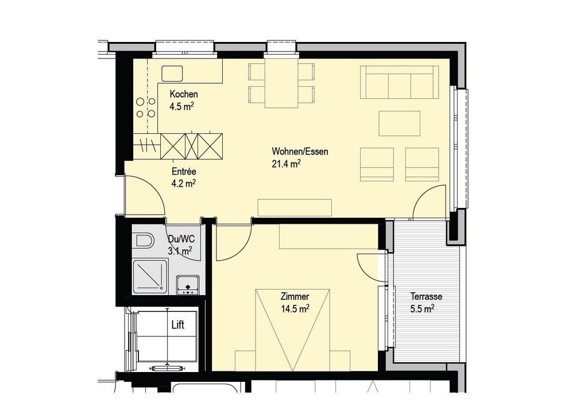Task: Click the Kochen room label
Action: click(183, 94)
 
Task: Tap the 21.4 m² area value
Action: click(286, 164)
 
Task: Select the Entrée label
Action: click(184, 172)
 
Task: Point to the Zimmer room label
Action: click(295, 297)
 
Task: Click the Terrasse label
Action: click(427, 296)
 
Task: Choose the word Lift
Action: click(178, 325)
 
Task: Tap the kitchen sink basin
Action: click(172, 73)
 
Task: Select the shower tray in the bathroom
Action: click(150, 276)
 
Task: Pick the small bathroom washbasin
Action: click(188, 285)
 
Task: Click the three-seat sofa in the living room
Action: click(400, 82)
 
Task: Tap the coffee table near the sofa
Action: click(400, 123)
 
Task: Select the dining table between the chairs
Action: click(281, 83)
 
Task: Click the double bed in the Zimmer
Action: click(292, 330)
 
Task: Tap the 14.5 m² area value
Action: click(295, 308)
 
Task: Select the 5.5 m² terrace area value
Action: click(422, 308)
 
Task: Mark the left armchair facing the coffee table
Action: click(377, 164)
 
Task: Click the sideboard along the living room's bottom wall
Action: click(295, 208)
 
